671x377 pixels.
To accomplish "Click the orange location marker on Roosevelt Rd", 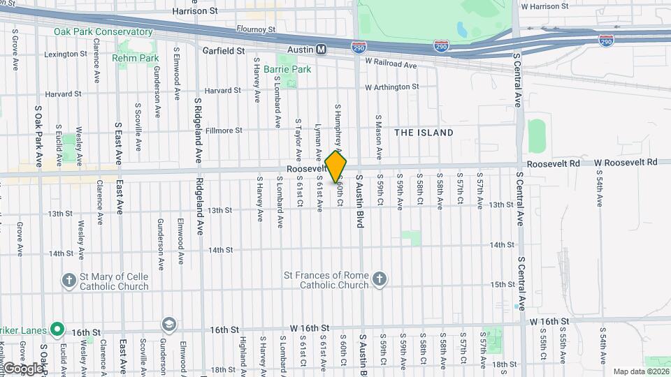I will pos(336,166).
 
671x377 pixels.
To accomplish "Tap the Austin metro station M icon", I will pos(322,50).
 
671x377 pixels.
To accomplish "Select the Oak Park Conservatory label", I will pos(103,32).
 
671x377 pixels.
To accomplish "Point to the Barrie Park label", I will pos(287,70).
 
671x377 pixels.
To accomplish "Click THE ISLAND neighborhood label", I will pos(424,133).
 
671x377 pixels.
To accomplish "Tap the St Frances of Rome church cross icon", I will pos(380,279).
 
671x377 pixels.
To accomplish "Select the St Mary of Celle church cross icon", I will pos(68,281).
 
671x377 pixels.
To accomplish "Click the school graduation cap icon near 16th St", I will pos(168,325).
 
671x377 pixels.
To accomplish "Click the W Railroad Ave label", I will pos(391,64).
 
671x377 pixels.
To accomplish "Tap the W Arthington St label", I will pos(391,87).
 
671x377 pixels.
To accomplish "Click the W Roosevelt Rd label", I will pos(626,162).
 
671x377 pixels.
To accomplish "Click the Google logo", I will pos(22,368).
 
